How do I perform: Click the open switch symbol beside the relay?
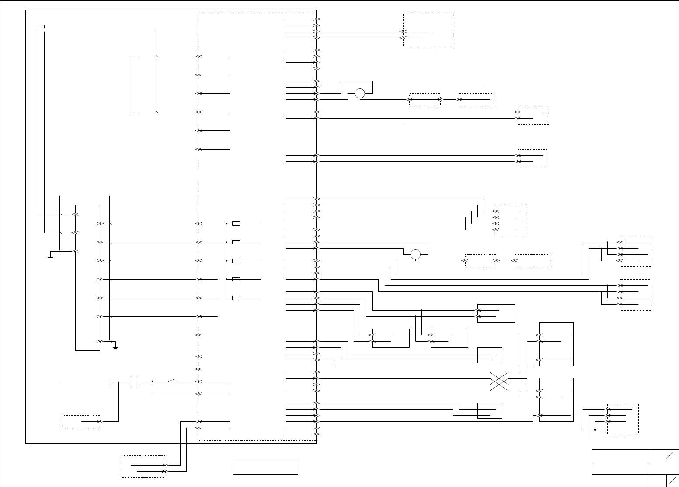[x=170, y=380]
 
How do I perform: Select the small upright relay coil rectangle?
[x=134, y=382]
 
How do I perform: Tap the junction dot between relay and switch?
[x=152, y=382]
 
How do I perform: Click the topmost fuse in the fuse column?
[x=236, y=224]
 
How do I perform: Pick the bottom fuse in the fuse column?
[x=236, y=298]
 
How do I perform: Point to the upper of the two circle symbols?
[x=360, y=93]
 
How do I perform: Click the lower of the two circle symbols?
[x=415, y=254]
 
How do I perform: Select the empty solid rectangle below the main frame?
[x=265, y=466]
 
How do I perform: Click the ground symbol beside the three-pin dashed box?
[x=595, y=428]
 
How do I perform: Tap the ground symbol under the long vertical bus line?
[x=115, y=348]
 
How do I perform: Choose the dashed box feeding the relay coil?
[x=81, y=421]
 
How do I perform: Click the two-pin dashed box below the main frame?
[x=143, y=466]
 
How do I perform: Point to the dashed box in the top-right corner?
[x=428, y=30]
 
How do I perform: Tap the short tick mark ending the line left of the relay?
[x=111, y=385]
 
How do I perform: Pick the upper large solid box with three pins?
[x=556, y=344]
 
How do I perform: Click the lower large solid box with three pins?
[x=556, y=400]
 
